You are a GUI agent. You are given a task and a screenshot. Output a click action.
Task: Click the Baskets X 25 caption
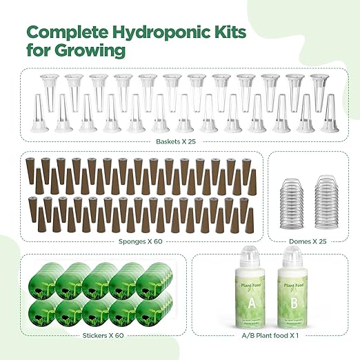click(180, 143)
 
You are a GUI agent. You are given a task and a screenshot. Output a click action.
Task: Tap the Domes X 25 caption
click(299, 241)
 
